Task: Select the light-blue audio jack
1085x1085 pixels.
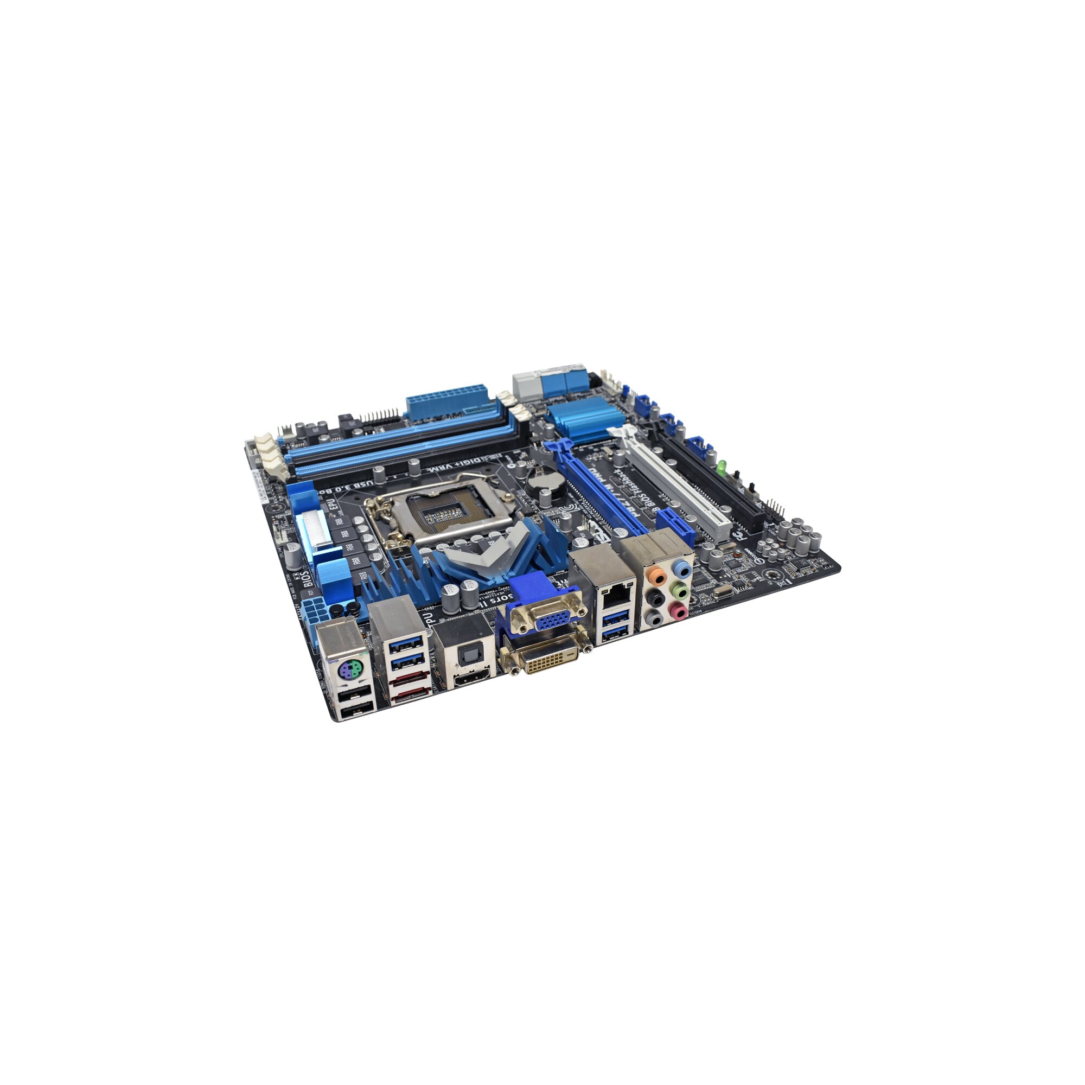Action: [x=682, y=570]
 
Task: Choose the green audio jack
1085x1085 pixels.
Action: [x=681, y=590]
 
